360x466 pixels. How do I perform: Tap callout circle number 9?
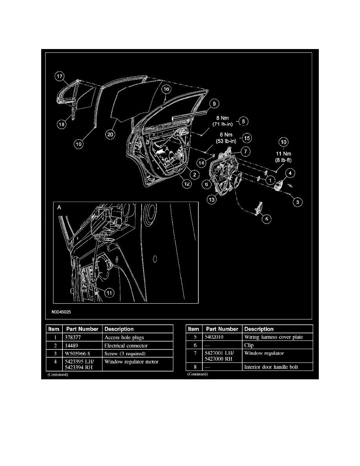tap(213, 104)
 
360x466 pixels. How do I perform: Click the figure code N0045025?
tap(61, 313)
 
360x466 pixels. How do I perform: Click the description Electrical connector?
tap(126, 346)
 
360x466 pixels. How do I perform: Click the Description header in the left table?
tap(119, 329)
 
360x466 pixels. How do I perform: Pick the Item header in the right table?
tap(194, 329)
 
